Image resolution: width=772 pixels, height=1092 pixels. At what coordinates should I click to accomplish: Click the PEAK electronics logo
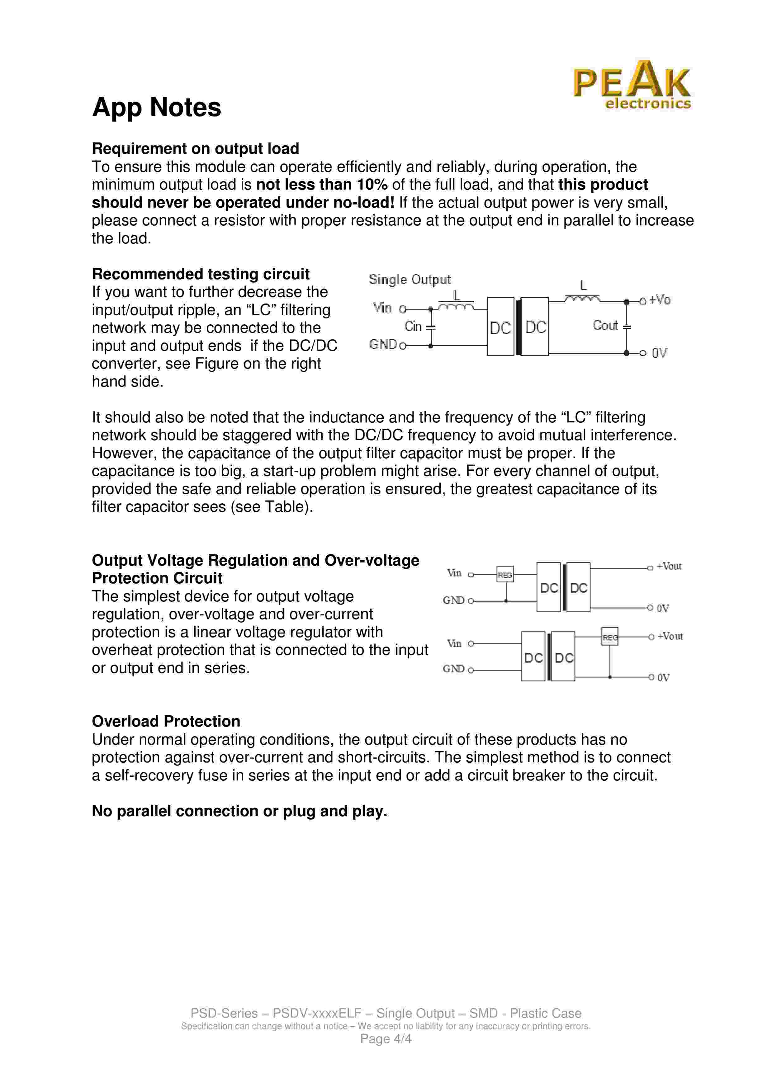632,85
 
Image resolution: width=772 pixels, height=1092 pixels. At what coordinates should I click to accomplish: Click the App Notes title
157,107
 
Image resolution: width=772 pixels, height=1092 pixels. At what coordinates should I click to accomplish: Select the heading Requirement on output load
195,149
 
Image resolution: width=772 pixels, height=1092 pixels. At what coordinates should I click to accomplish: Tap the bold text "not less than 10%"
322,185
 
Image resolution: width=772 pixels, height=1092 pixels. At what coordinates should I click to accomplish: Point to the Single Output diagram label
410,280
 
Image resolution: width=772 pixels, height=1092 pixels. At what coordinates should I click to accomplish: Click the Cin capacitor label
413,326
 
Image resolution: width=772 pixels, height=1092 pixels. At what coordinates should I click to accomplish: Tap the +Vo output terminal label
660,300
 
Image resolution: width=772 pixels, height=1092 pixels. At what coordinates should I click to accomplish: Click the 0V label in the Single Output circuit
659,353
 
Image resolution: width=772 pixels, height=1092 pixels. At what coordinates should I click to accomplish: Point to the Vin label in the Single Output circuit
382,308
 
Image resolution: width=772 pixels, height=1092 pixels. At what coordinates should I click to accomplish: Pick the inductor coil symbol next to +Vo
582,299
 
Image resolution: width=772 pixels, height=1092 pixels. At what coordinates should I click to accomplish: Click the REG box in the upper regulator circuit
505,575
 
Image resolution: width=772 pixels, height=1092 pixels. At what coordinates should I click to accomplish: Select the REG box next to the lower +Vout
610,637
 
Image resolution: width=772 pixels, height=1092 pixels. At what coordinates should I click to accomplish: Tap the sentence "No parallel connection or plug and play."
239,811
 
